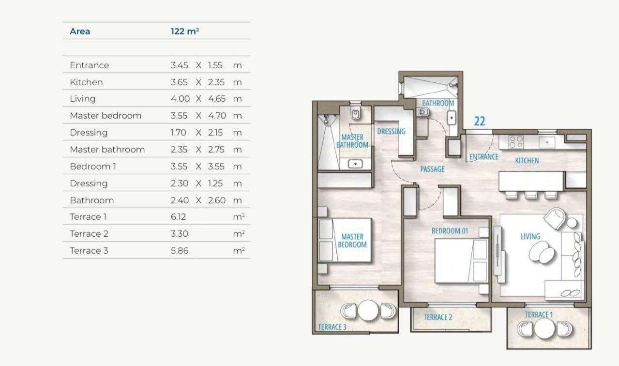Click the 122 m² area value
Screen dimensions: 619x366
[185, 31]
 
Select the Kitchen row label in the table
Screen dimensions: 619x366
[86, 82]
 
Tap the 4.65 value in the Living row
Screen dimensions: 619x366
[217, 99]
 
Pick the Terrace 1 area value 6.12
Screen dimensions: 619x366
[178, 217]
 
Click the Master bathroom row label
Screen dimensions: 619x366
[107, 150]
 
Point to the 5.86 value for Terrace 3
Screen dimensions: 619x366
[180, 251]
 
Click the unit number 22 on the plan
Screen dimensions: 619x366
[480, 121]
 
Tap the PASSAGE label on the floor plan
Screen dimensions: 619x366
[432, 169]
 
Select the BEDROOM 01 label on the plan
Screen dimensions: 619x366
[450, 231]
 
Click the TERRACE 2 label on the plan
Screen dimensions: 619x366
[438, 317]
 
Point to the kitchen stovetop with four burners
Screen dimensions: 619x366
[515, 142]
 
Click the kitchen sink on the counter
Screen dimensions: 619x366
[546, 142]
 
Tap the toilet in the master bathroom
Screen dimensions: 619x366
[355, 112]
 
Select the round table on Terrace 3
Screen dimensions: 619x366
[368, 310]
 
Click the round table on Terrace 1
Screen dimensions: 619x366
[544, 329]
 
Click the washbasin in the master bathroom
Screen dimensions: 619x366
[355, 164]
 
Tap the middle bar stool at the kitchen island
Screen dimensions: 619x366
[530, 195]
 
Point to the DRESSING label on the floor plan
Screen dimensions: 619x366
[391, 132]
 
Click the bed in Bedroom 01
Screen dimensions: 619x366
[461, 260]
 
